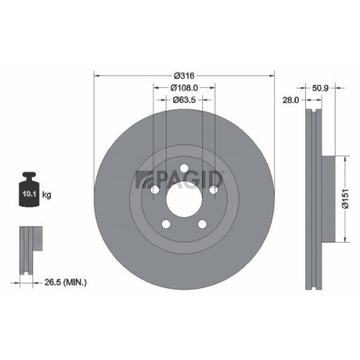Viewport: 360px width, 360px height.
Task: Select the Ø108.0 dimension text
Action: pos(184,87)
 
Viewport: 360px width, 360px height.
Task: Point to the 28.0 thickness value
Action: pos(291,101)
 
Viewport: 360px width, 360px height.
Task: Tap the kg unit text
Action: pos(46,194)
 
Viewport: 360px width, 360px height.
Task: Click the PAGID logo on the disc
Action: pos(180,178)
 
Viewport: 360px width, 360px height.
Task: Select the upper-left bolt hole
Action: pos(154,189)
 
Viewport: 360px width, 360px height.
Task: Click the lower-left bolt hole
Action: pos(166,222)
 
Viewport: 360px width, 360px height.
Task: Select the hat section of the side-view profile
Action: pos(328,199)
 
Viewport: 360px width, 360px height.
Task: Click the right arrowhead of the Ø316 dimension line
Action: pos(273,75)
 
